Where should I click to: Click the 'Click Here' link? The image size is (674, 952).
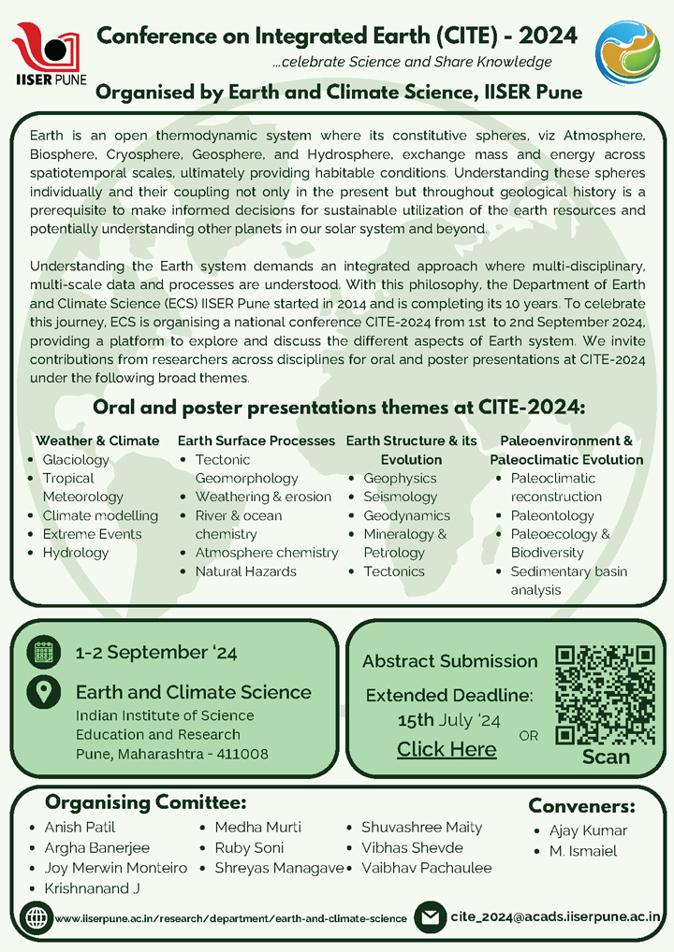coord(447,749)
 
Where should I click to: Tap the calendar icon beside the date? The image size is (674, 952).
coord(42,653)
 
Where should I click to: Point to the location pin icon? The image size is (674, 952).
coord(42,692)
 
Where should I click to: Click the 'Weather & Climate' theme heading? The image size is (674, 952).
coord(97,440)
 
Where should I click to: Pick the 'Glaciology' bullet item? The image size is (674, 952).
coord(76,459)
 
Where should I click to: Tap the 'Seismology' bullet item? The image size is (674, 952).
coord(400,497)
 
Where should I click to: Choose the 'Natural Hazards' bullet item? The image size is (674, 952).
coord(245,571)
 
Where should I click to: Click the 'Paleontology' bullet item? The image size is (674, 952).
coord(552,515)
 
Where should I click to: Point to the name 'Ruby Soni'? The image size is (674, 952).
coord(249,848)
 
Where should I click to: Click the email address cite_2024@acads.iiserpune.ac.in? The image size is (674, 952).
coord(556,917)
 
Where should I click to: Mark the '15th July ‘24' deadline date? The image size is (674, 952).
coord(448,720)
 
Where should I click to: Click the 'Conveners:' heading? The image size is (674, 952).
coord(581,806)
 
